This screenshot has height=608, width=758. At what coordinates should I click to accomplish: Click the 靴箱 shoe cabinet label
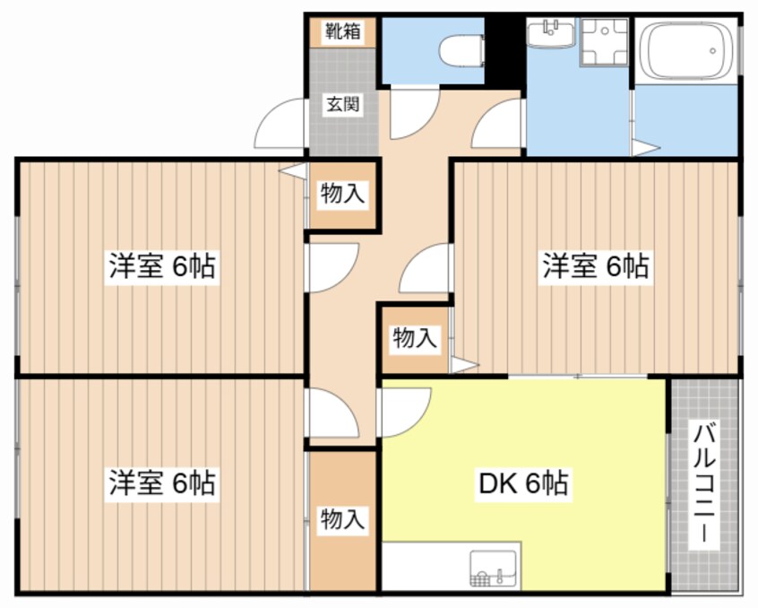point(343,31)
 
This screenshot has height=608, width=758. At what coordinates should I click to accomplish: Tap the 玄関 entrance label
point(343,104)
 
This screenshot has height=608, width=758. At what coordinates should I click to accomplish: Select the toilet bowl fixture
point(463,48)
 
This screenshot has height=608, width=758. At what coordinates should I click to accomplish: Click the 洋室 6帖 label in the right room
point(594,266)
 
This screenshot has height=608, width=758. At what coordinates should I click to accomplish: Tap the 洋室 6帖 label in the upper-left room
point(161,266)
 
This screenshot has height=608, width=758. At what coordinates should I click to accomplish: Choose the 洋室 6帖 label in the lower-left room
point(161,483)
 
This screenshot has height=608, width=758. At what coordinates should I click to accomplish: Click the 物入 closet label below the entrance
point(343,193)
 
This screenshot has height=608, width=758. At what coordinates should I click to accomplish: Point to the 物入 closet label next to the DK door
point(415,338)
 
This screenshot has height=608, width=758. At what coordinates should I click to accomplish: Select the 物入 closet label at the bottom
point(343,518)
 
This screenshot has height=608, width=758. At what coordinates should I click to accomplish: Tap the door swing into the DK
point(405,411)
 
